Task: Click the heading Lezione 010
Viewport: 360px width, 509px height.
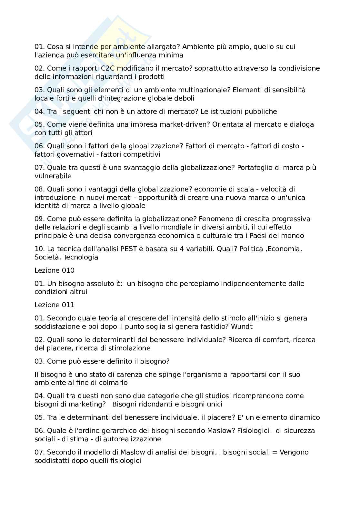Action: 55,270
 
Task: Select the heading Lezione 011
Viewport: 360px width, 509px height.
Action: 55,305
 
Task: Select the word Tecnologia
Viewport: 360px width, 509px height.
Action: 81,257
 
